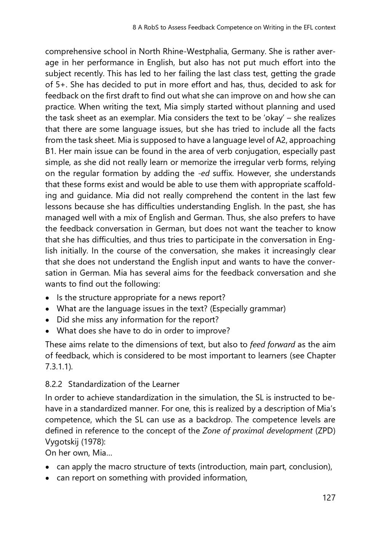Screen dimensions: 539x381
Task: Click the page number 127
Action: [329, 497]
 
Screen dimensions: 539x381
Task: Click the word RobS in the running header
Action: [152, 27]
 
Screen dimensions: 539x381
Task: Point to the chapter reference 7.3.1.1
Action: [57, 367]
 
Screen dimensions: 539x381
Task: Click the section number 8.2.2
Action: [54, 384]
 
